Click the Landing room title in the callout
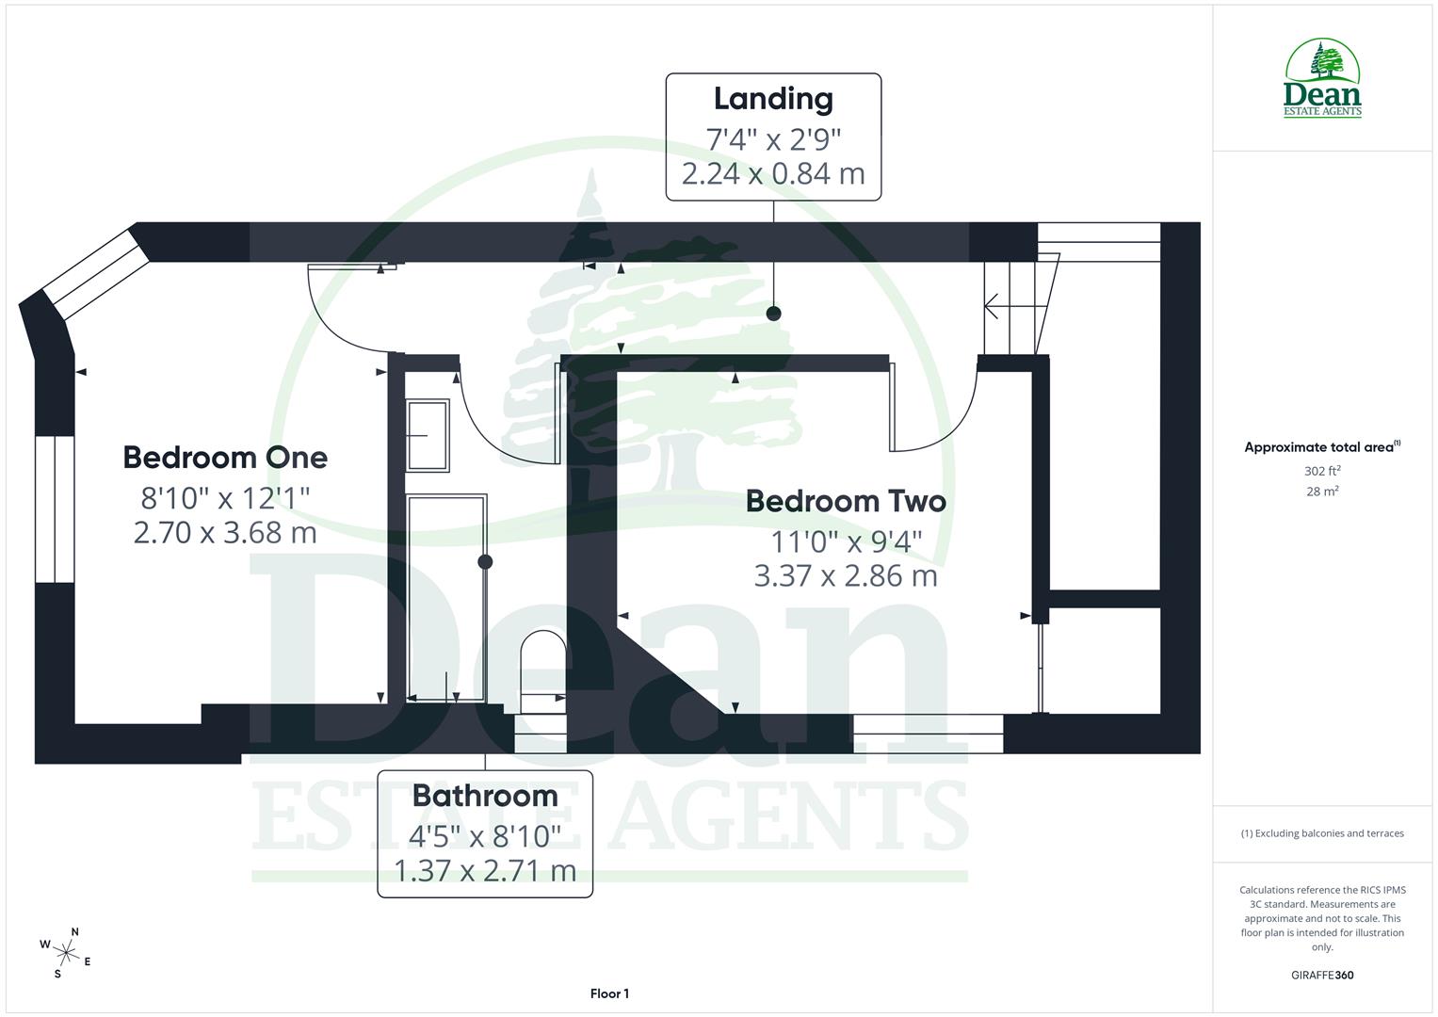pyautogui.click(x=773, y=99)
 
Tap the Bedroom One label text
pyautogui.click(x=225, y=458)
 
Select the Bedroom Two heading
pyautogui.click(x=846, y=501)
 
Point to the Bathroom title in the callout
pyautogui.click(x=485, y=796)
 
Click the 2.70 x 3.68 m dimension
pyautogui.click(x=225, y=533)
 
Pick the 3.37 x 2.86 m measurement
pyautogui.click(x=846, y=575)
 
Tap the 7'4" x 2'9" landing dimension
pyautogui.click(x=773, y=139)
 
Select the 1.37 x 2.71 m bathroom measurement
pyautogui.click(x=485, y=871)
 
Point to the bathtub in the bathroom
pyautogui.click(x=446, y=598)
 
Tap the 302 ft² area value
pyautogui.click(x=1322, y=471)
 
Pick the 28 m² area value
pyautogui.click(x=1322, y=491)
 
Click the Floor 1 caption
pyautogui.click(x=609, y=993)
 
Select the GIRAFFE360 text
pyautogui.click(x=1322, y=975)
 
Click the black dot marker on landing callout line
pyautogui.click(x=773, y=314)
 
